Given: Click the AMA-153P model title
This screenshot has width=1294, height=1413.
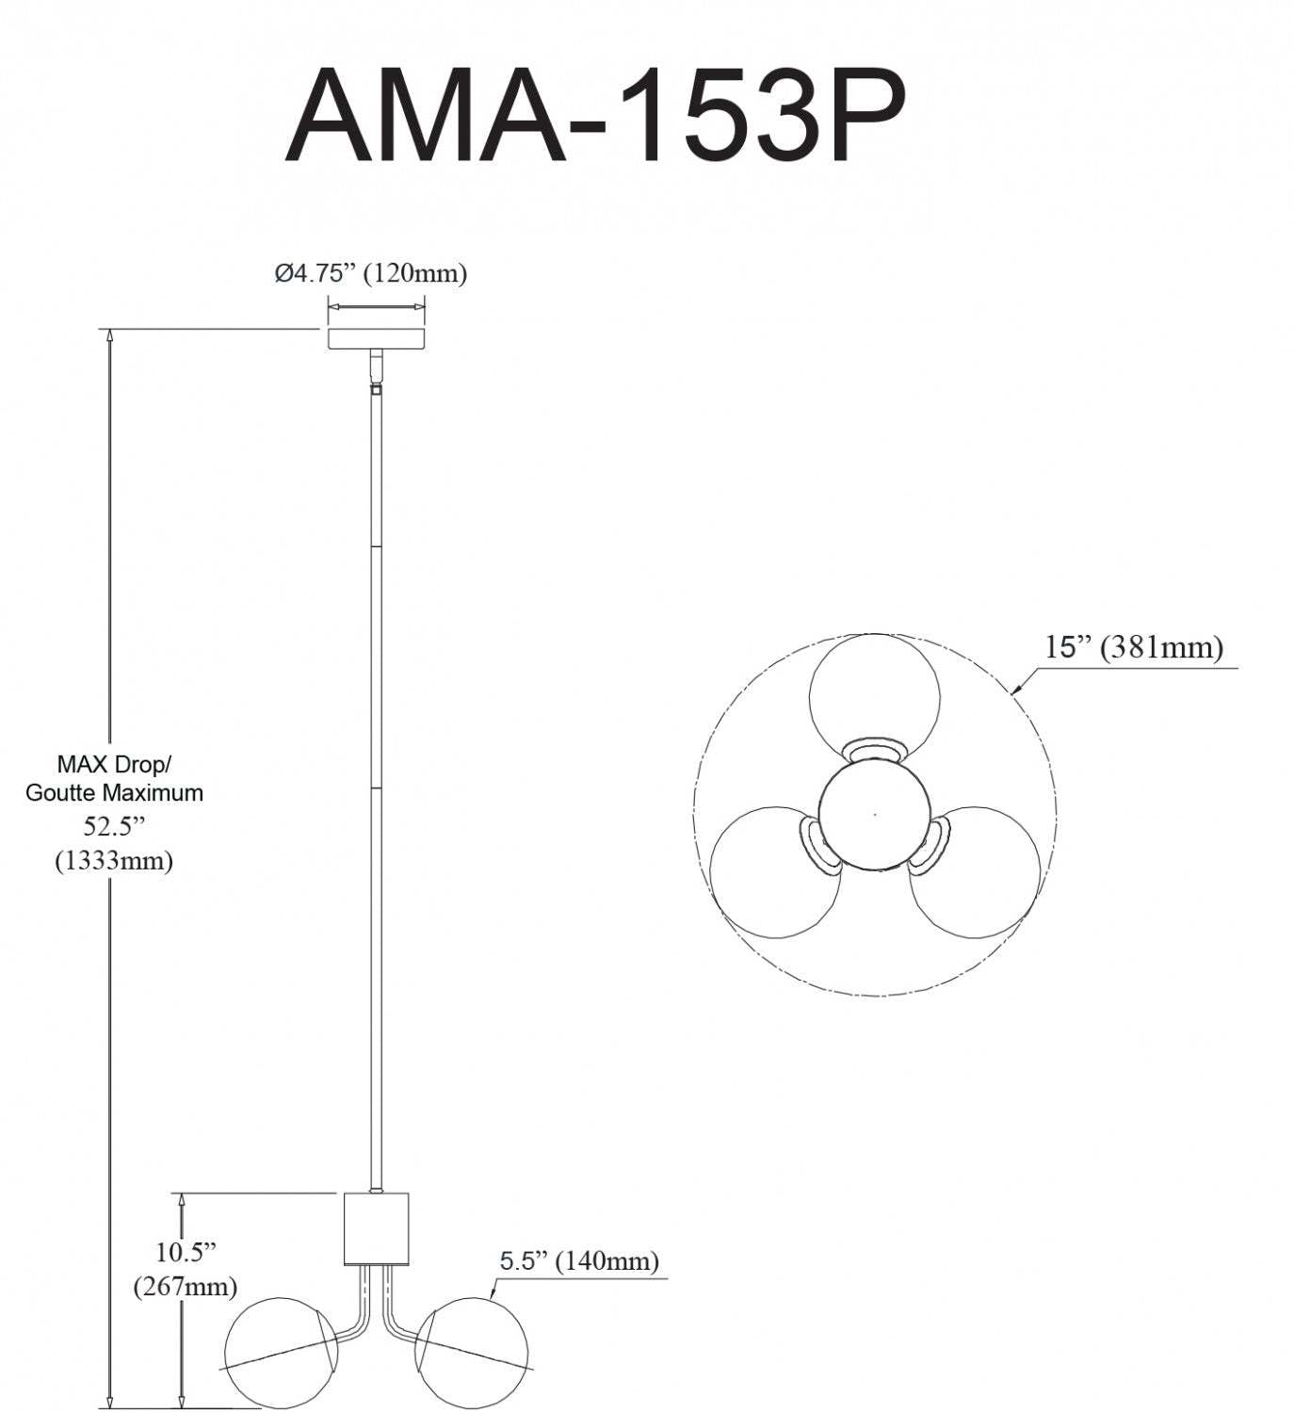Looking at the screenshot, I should pyautogui.click(x=595, y=118).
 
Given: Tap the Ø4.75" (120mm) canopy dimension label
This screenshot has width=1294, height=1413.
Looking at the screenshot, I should pyautogui.click(x=371, y=273).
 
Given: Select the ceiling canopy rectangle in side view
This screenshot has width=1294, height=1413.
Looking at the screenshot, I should pyautogui.click(x=376, y=338).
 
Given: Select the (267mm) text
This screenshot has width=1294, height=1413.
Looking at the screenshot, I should pyautogui.click(x=186, y=1285).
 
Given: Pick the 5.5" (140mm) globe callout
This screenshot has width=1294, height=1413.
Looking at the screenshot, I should pyautogui.click(x=578, y=1260).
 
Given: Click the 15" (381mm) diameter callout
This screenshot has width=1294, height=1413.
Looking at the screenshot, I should pyautogui.click(x=1133, y=647).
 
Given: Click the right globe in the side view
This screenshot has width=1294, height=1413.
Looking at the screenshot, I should pyautogui.click(x=472, y=1350).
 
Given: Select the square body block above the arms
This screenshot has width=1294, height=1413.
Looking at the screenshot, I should pyautogui.click(x=377, y=1227).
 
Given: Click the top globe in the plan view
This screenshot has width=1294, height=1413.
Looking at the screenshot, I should pyautogui.click(x=874, y=696).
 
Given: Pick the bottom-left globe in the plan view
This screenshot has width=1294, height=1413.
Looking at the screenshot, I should pyautogui.click(x=775, y=871).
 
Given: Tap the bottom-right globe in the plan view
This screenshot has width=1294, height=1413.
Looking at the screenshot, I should pyautogui.click(x=975, y=871).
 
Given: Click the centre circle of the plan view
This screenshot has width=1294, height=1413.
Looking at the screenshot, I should pyautogui.click(x=875, y=813).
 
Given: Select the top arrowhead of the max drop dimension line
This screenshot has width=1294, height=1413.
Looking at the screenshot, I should pyautogui.click(x=110, y=336).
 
